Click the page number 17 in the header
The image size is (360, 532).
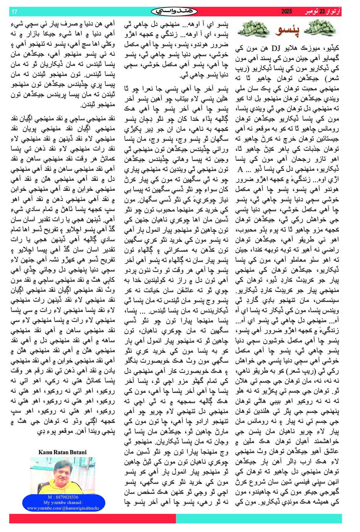[14, 12]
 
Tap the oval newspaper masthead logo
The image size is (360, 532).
[174, 12]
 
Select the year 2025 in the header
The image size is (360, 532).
[287, 12]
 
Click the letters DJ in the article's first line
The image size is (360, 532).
[276, 48]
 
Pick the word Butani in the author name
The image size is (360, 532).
[78, 452]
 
